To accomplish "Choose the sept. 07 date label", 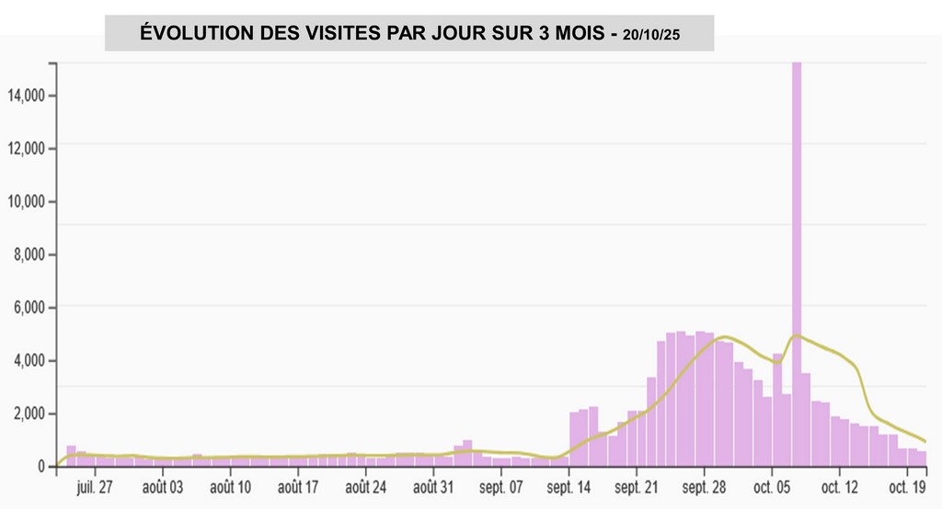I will click(500, 486).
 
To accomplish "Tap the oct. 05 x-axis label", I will click(773, 486).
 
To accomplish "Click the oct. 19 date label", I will click(907, 486).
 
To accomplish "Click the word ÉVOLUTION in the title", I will click(190, 34).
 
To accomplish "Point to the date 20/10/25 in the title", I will click(650, 35).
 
